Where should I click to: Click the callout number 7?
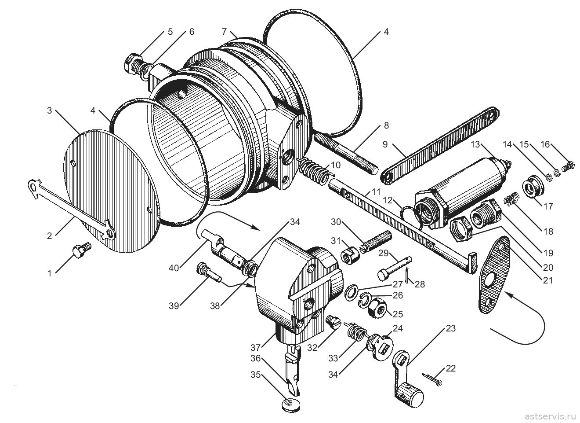coord(224,32)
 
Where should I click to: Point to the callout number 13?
coord(475,144)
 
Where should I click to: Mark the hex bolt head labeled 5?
coord(131,64)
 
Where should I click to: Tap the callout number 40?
coord(174,268)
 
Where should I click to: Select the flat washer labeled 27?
coord(352,293)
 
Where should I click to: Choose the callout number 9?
coord(385,144)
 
